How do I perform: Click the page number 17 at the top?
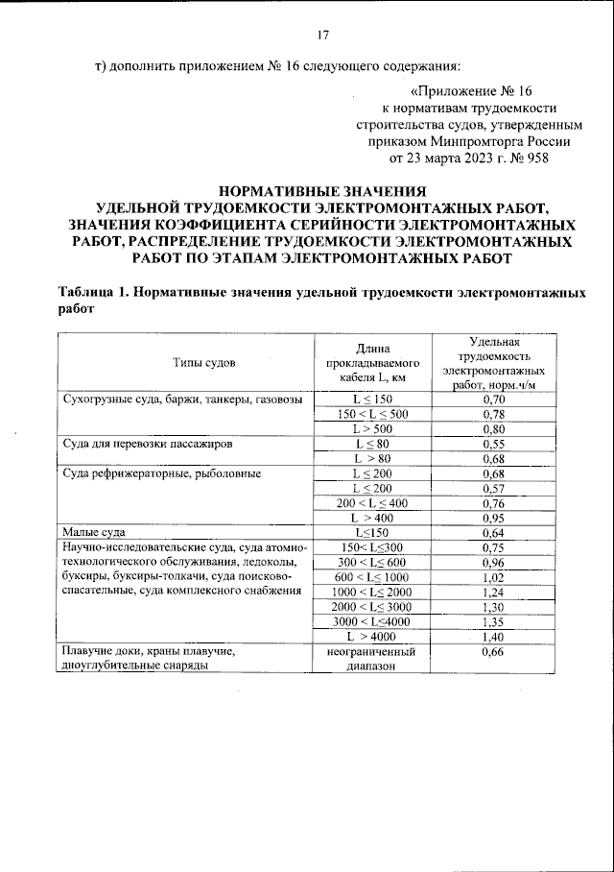click(323, 36)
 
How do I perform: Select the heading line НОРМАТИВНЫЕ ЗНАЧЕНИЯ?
click(321, 190)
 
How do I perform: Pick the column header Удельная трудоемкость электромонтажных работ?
click(494, 362)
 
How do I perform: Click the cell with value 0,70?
click(494, 399)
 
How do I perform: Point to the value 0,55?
click(494, 446)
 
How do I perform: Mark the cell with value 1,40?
click(494, 637)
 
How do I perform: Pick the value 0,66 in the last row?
click(494, 652)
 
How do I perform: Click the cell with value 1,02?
click(494, 577)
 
